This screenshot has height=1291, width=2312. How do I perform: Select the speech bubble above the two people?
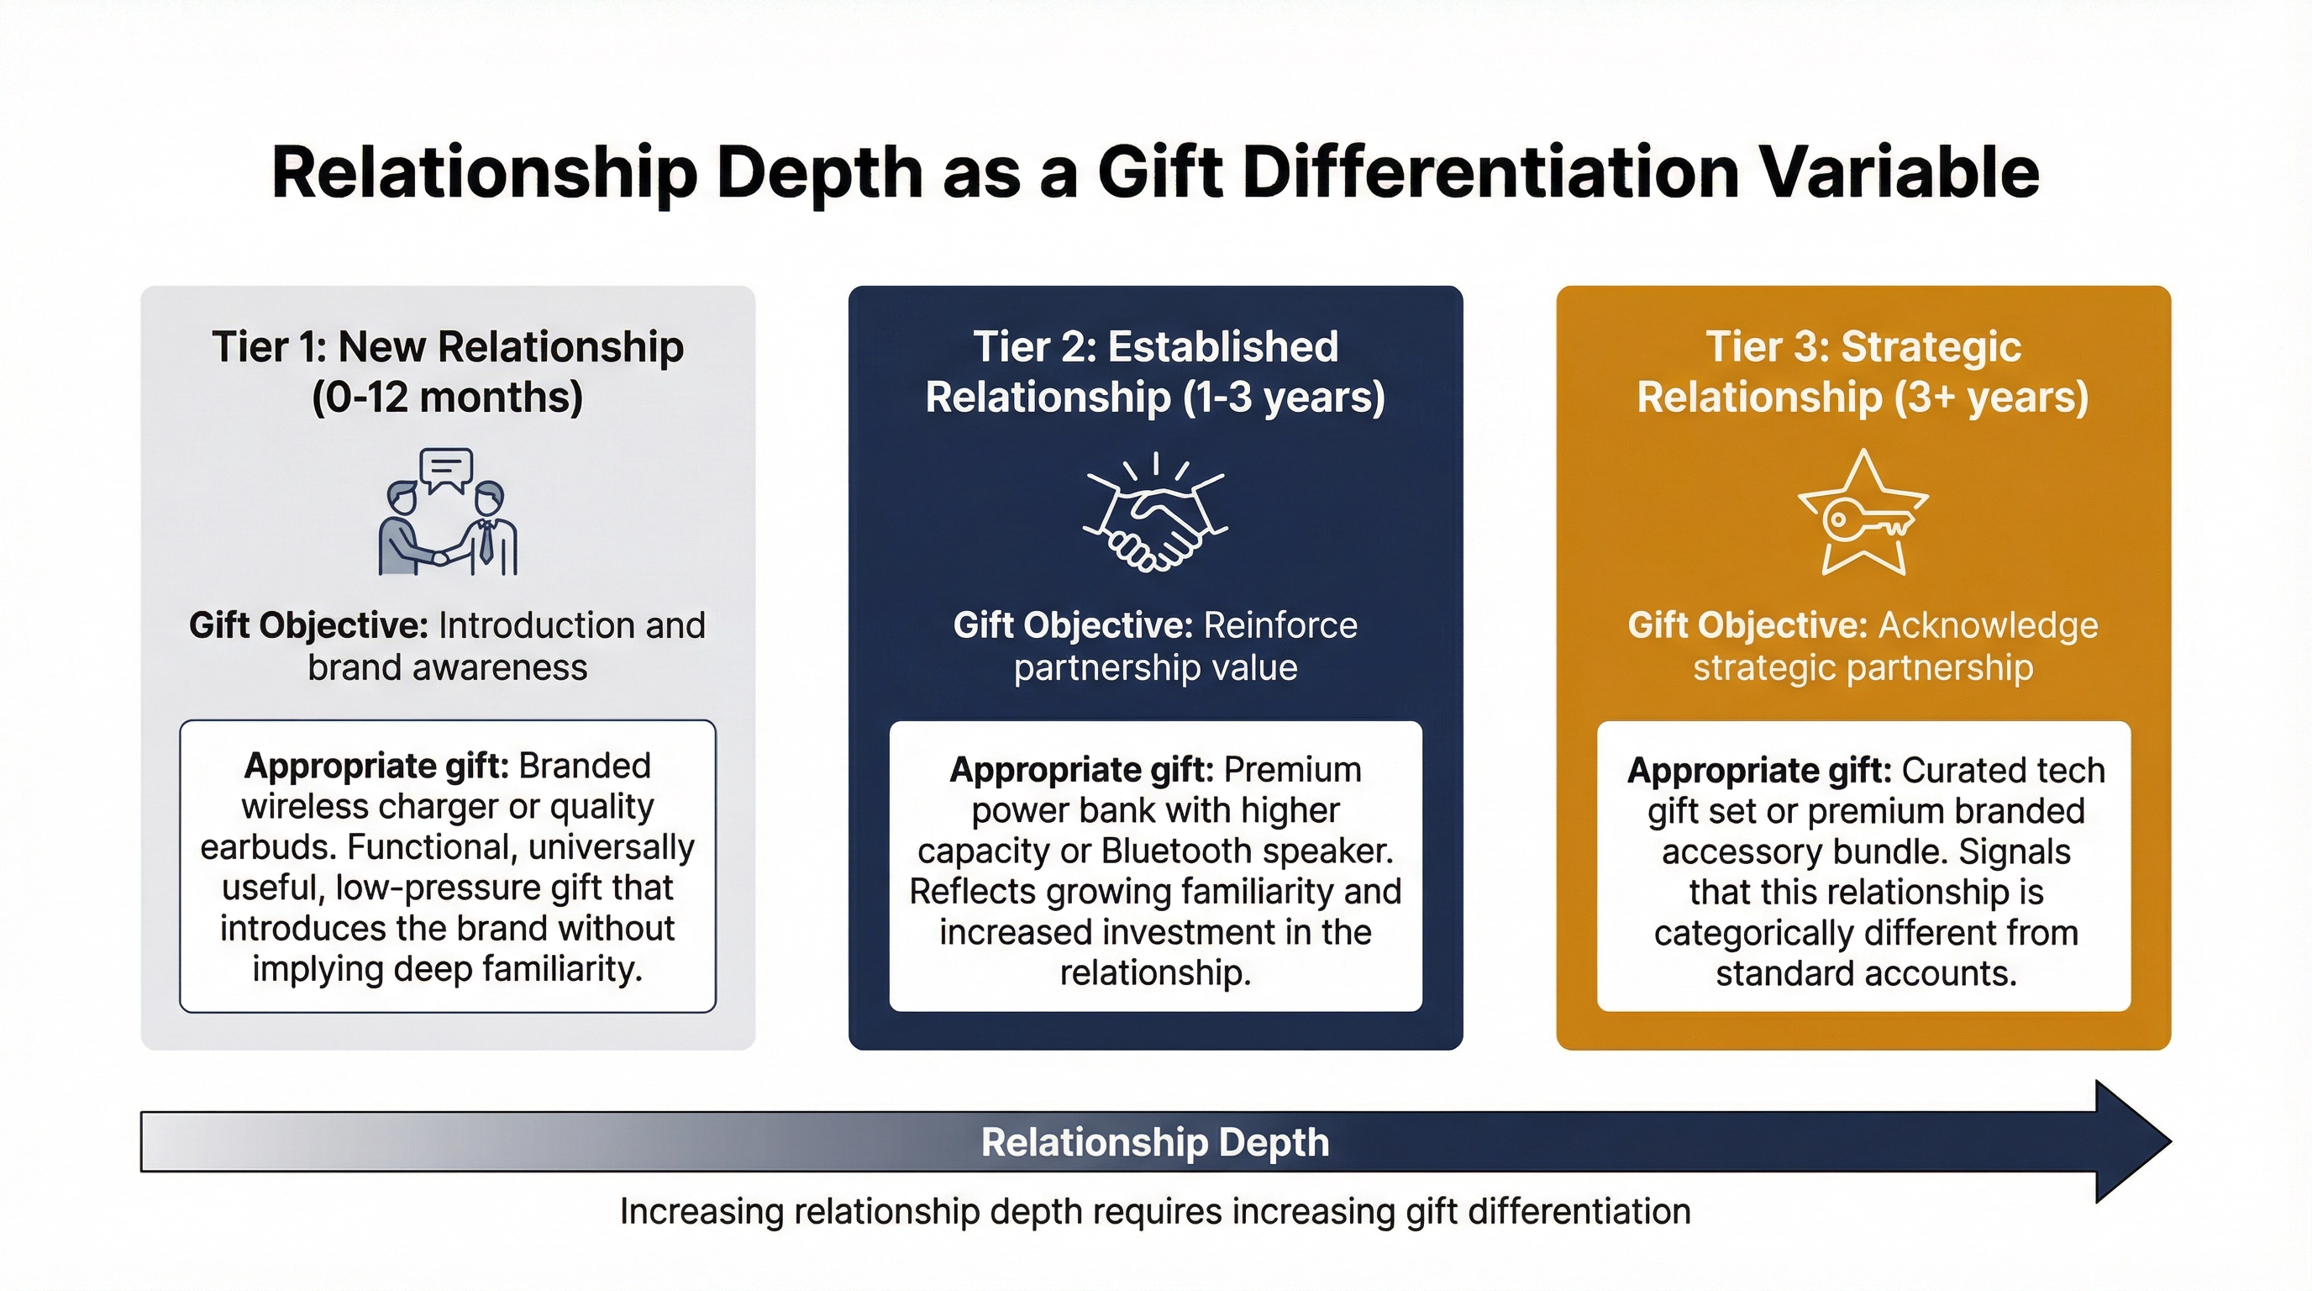[x=446, y=470]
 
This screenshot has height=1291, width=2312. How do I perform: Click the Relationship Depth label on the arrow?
[x=1155, y=1142]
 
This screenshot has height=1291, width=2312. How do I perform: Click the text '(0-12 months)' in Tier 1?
[x=447, y=397]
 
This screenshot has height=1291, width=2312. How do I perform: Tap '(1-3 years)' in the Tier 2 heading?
[x=1285, y=397]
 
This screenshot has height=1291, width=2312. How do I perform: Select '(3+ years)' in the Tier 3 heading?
[x=1992, y=397]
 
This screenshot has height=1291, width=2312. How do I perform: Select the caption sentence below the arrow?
[x=1155, y=1211]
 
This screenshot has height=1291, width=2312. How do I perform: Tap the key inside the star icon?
[x=1863, y=521]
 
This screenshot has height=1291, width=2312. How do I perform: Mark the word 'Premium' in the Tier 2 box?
[x=1292, y=769]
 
